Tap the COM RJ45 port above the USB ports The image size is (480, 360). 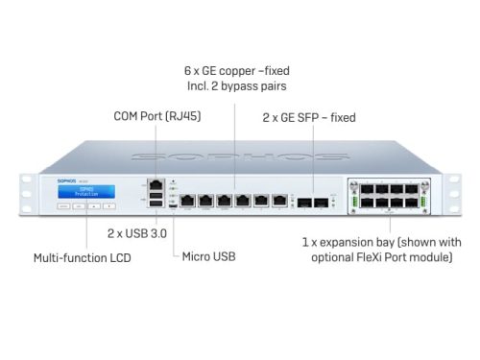[x=156, y=182]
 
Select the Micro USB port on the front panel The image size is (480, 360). [x=172, y=204]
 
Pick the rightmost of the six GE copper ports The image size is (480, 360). [x=279, y=201]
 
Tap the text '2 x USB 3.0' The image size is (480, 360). [x=134, y=233]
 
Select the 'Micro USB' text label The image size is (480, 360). [x=208, y=256]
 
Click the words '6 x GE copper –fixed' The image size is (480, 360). [x=236, y=70]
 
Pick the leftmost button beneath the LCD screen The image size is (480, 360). [x=62, y=205]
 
